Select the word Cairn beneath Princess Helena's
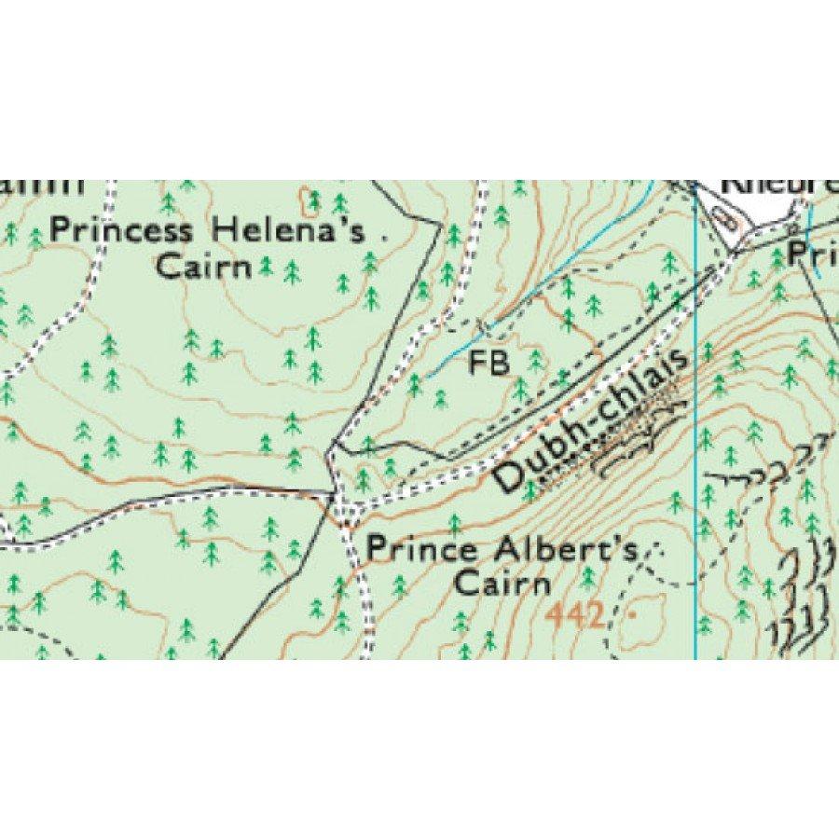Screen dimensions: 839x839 coord(204,268)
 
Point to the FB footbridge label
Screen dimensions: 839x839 coord(488,364)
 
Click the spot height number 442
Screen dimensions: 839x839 coord(573,616)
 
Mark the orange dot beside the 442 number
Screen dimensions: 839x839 coord(635,616)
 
